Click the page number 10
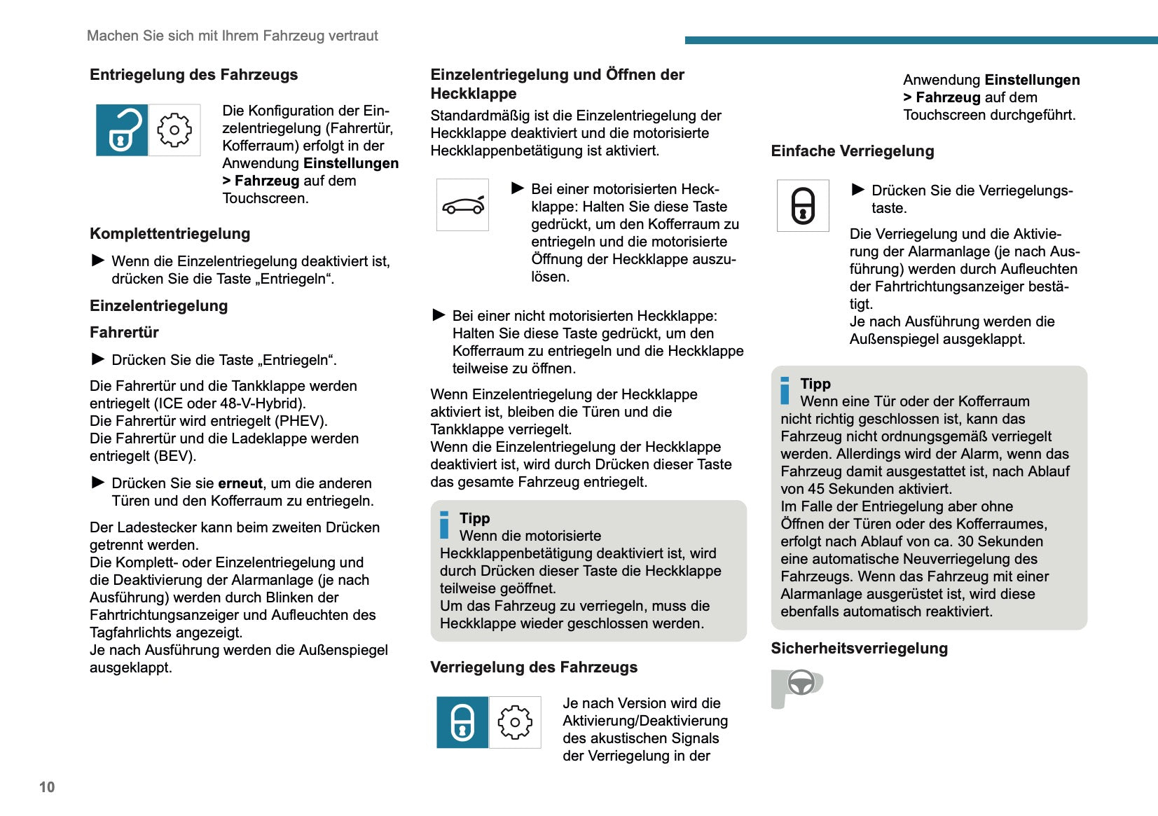coord(47,787)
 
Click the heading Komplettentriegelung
coord(170,234)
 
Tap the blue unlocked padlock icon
coord(122,130)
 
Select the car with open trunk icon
coord(462,205)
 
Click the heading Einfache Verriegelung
coord(852,151)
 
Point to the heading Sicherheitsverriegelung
coord(859,649)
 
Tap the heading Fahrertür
coord(124,333)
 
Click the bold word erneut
coord(240,483)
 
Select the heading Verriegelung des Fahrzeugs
coord(534,668)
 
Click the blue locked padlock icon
coord(462,722)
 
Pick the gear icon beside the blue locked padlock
coord(515,722)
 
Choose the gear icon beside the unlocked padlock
coord(174,130)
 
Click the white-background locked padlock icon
coord(803,206)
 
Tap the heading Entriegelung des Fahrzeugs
coord(193,75)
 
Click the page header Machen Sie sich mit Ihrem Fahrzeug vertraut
coord(232,36)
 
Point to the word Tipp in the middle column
coord(474,518)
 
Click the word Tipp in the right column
coord(815,384)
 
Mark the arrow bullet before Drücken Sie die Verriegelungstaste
coord(857,190)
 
